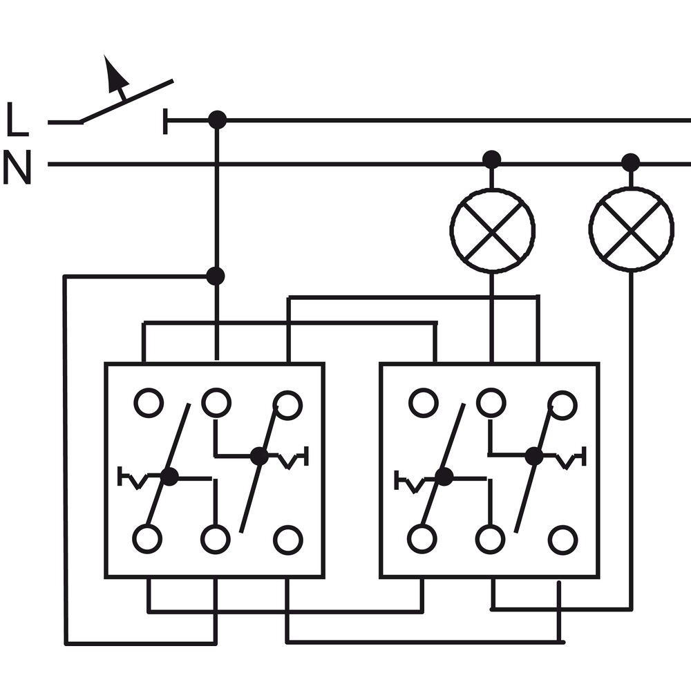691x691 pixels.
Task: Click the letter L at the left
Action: [17, 119]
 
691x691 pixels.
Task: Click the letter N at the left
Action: [17, 167]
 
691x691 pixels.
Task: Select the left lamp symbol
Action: [492, 231]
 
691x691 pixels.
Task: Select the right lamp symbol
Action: [631, 229]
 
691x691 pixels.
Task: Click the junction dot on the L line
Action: [217, 120]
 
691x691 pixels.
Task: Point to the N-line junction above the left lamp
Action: [492, 159]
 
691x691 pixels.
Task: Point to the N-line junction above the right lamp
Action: [631, 162]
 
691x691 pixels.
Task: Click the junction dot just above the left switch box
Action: [216, 276]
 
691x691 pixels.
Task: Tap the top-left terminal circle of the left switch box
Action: [149, 402]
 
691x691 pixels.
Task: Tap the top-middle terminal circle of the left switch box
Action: [216, 402]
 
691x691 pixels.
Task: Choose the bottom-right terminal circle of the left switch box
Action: [287, 540]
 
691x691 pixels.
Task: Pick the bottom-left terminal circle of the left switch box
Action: [147, 539]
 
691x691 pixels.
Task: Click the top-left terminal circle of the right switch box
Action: [424, 402]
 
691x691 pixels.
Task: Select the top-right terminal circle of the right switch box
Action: [562, 404]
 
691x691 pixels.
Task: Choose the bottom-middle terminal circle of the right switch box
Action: [490, 539]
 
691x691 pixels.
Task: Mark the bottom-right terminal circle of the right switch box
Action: [562, 540]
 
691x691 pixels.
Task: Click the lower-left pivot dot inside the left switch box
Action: [169, 477]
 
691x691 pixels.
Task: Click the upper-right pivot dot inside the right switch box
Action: [534, 456]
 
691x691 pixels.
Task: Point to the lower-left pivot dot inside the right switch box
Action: [444, 477]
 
